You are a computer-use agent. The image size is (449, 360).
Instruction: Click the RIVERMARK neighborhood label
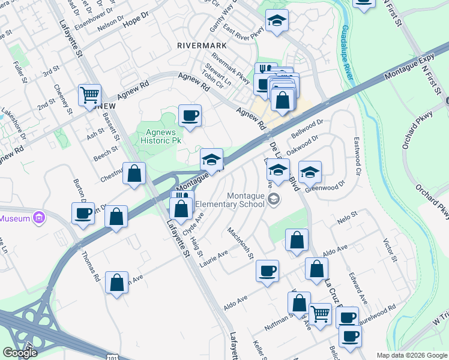202,46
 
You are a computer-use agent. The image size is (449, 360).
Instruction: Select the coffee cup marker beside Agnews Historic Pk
190,115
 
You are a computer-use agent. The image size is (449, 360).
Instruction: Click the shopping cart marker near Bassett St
89,94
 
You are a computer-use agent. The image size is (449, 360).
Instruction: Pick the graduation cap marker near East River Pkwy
277,21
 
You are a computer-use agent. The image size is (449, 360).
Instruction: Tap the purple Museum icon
40,218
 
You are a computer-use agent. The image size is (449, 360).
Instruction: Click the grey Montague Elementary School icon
274,199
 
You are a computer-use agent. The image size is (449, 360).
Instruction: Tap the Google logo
20,352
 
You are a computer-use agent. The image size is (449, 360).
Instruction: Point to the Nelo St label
348,214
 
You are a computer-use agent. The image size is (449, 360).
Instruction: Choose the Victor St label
390,251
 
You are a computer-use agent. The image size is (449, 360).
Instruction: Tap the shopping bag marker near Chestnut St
135,173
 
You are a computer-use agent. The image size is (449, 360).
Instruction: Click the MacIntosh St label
241,243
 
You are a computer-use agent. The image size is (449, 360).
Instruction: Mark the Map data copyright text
412,355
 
